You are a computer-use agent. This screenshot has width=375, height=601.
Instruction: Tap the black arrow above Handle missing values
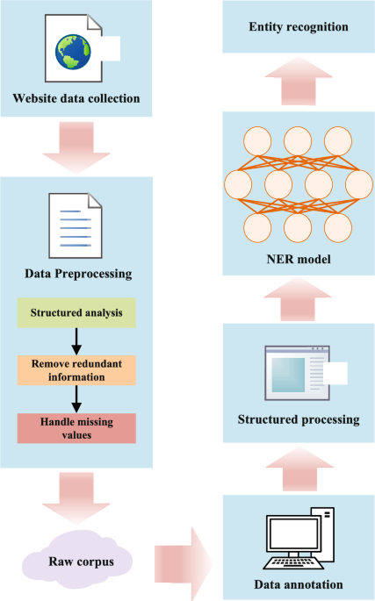77,397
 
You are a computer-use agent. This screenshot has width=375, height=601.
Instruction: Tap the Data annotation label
299,584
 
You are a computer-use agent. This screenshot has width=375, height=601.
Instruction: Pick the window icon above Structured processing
299,371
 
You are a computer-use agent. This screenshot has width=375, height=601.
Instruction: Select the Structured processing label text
299,419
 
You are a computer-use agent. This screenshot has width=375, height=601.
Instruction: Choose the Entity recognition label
299,27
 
